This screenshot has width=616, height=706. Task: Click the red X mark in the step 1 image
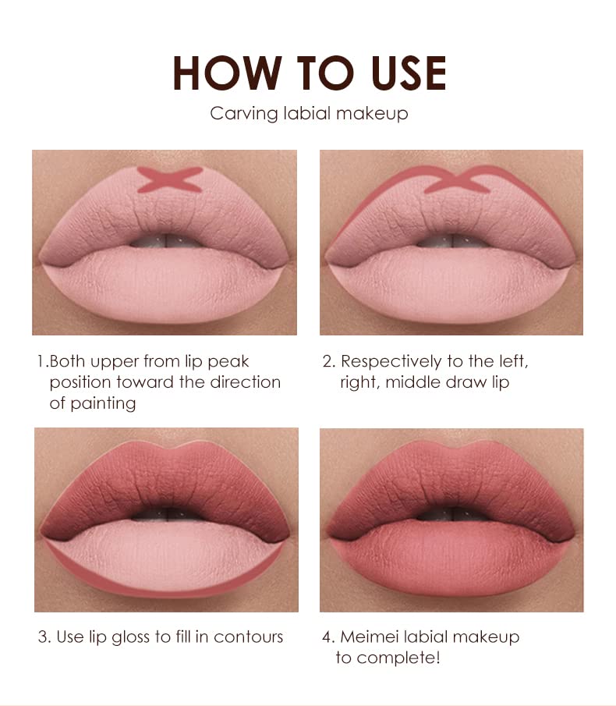170,180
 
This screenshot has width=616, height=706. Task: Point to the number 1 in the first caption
41,362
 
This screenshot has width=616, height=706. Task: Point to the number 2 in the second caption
327,362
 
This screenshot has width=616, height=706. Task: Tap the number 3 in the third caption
43,637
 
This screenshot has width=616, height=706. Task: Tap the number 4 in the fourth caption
327,637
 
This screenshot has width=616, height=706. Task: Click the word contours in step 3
249,637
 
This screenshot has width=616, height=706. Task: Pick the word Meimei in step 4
372,637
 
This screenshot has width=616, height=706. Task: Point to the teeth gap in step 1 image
166,240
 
